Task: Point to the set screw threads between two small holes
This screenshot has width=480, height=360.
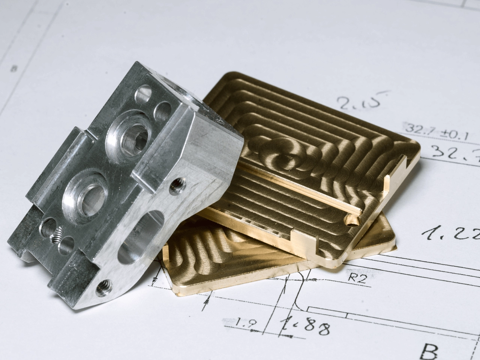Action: coord(57,236)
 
